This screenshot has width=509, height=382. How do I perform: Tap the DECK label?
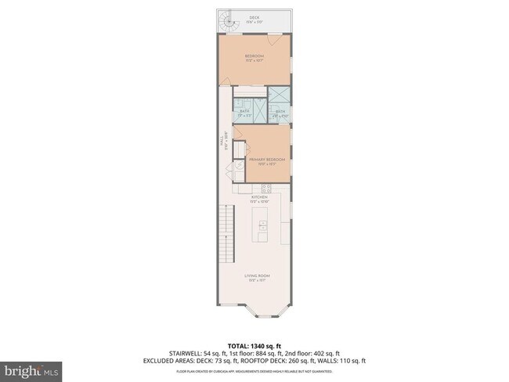pyautogui.click(x=254, y=16)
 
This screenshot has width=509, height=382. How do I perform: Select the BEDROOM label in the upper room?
pyautogui.click(x=254, y=56)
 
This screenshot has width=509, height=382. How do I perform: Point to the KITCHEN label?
pyautogui.click(x=259, y=197)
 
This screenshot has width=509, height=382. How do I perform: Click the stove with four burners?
pyautogui.click(x=265, y=189)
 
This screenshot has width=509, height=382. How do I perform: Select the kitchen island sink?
pyautogui.click(x=263, y=228)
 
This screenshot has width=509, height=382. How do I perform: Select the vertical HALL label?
pyautogui.click(x=222, y=142)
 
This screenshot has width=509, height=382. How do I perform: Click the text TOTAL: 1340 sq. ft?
pyautogui.click(x=254, y=344)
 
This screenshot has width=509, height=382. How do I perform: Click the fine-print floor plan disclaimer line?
pyautogui.click(x=254, y=371)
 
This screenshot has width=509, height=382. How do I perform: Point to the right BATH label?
pyautogui.click(x=280, y=112)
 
